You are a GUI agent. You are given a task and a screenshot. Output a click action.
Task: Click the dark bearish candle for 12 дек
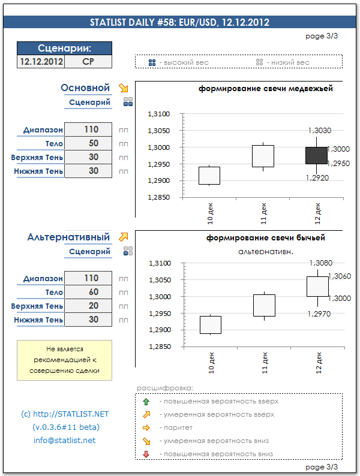click(x=317, y=155)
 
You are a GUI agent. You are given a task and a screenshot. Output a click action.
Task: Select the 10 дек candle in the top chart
click(x=209, y=176)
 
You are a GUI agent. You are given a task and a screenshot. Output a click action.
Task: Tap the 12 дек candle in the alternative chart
click(x=317, y=286)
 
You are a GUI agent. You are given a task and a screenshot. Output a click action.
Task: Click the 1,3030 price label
click(x=319, y=130)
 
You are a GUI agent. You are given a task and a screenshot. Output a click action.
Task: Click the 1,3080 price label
click(x=320, y=263)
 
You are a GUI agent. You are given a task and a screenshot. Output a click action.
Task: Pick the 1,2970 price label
click(x=318, y=314)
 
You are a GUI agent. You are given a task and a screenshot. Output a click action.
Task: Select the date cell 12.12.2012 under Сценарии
click(x=41, y=62)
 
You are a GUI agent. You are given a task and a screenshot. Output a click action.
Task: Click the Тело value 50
click(x=88, y=143)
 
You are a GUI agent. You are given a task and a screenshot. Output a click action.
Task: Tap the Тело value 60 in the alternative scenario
click(x=88, y=292)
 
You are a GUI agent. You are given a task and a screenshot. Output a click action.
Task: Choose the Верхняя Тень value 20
click(x=88, y=306)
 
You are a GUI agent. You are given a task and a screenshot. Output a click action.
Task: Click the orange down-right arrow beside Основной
click(x=124, y=88)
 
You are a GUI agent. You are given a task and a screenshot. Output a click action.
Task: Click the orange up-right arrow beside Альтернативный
click(x=124, y=237)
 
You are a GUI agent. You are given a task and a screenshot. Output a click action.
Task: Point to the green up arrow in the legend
click(x=146, y=401)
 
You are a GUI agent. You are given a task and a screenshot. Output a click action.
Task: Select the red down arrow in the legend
click(x=146, y=454)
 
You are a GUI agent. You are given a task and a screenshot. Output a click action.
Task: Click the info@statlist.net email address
click(x=64, y=441)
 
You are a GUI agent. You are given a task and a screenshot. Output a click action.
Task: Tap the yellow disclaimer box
click(x=64, y=360)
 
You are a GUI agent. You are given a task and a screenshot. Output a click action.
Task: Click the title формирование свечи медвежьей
click(x=266, y=89)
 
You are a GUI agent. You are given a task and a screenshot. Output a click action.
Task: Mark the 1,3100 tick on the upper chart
click(x=159, y=114)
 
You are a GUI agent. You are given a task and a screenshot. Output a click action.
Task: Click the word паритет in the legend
click(x=175, y=428)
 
